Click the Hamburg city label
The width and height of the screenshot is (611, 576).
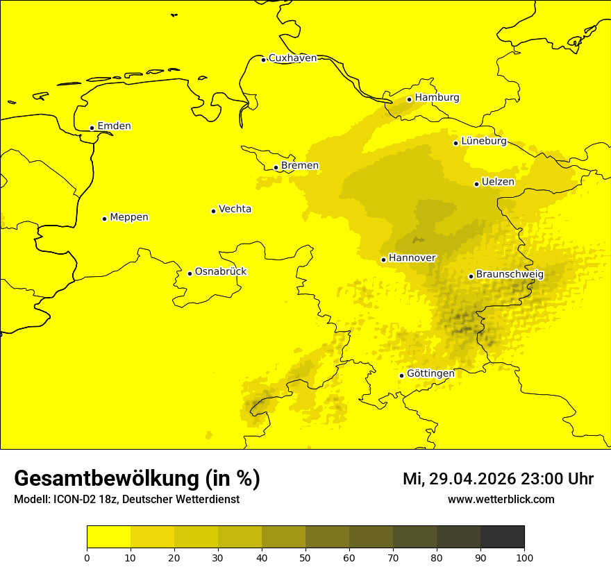437,98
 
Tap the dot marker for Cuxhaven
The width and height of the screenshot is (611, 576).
263,60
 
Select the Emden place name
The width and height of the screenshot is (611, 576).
114,126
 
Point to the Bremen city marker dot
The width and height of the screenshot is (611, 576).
276,167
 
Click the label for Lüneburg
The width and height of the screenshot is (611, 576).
483,142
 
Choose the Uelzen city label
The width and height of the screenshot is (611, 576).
498,183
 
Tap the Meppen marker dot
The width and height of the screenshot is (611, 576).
104,219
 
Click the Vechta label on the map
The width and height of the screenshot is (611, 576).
235,209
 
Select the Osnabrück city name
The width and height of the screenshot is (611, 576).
221,272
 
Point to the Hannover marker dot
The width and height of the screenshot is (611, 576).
383,260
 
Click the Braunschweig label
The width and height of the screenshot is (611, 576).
510,275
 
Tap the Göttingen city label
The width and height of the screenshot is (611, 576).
430,374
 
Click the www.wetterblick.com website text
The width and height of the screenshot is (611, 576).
501,500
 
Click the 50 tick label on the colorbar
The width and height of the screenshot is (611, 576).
305,557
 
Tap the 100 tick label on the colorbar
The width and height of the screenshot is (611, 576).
524,557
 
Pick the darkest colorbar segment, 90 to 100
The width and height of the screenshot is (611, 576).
502,537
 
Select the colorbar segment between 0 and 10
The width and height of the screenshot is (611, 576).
108,537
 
